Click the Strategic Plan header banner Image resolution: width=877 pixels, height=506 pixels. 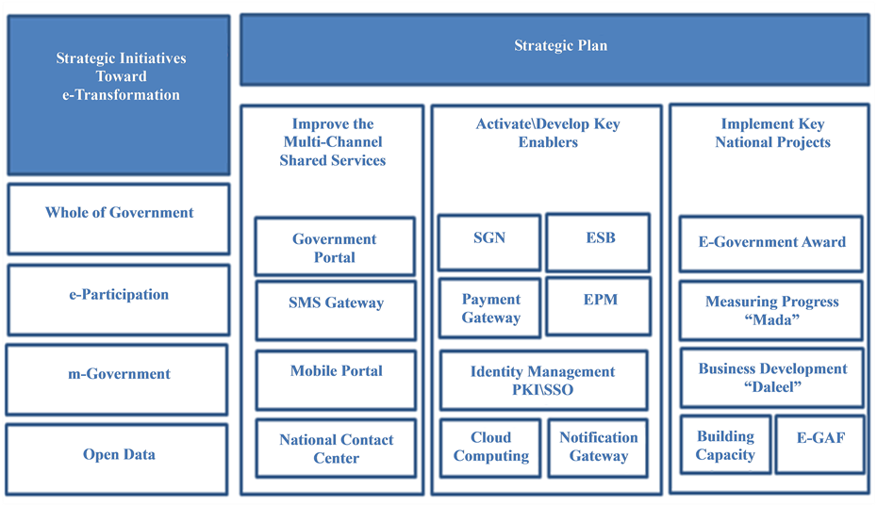coord(554,50)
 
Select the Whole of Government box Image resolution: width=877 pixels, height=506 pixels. coord(119,220)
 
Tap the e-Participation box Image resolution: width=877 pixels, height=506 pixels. coord(119,301)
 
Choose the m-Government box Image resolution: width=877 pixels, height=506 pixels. coord(117,380)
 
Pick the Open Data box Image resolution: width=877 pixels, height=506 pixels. coord(117,460)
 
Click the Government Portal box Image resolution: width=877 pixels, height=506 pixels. coord(335,247)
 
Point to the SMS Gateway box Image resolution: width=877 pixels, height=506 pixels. coord(336,311)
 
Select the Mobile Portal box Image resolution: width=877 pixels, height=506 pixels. coord(336,380)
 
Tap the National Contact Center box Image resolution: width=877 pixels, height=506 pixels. coord(336,449)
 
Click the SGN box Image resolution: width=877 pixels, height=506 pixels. coord(489,242)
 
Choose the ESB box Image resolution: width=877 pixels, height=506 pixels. coord(598,242)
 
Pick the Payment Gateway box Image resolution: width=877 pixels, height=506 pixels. coord(490,308)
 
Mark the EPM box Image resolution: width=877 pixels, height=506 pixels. coord(599,307)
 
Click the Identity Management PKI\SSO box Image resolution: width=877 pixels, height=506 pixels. coord(544,380)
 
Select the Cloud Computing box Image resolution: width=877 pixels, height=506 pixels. coord(490,448)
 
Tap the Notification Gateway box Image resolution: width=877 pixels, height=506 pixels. coord(598,448)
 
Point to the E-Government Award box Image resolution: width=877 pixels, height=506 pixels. coord(771,244)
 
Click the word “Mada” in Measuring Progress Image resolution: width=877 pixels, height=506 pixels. coord(771,319)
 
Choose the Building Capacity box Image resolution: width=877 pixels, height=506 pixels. coord(725,445)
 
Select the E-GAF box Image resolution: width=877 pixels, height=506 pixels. coord(820,445)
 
